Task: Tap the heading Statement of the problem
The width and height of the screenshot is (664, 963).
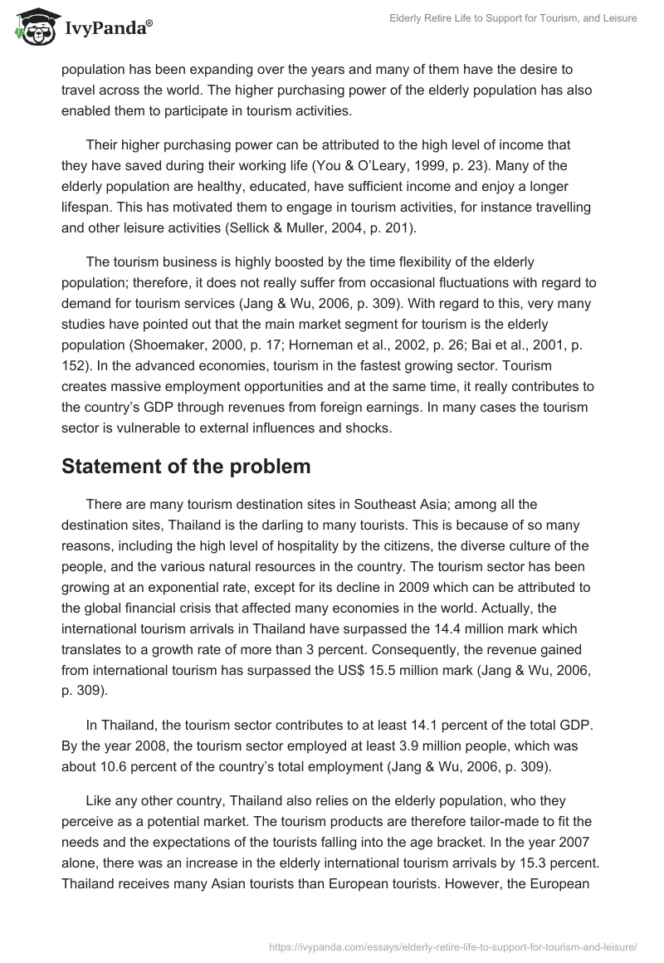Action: click(x=186, y=467)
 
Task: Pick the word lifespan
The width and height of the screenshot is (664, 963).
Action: click(x=87, y=209)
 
